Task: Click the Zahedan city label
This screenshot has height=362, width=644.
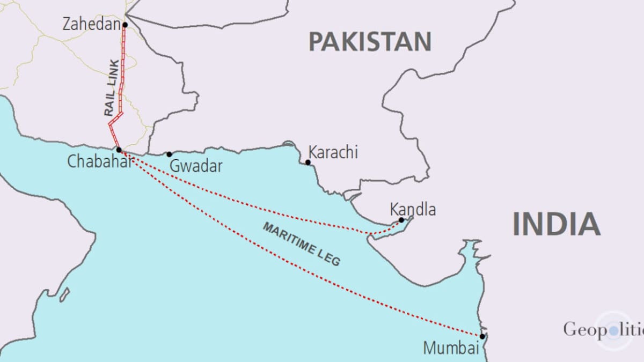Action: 91,24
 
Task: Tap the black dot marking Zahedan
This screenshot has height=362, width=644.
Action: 125,25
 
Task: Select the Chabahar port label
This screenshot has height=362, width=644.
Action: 99,162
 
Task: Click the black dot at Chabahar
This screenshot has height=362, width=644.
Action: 119,150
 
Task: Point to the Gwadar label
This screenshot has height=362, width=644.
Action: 196,166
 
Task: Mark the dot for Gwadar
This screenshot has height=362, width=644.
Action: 169,154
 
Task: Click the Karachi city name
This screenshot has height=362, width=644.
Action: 333,152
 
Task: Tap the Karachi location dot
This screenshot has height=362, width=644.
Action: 308,162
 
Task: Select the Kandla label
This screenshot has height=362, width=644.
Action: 413,209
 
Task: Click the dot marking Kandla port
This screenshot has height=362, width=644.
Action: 401,220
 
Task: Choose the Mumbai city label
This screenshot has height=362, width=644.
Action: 450,348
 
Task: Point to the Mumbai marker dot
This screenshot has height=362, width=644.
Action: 482,336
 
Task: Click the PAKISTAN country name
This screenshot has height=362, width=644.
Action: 370,41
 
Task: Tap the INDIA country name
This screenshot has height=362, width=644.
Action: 555,224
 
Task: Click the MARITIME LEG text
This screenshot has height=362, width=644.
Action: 301,244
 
